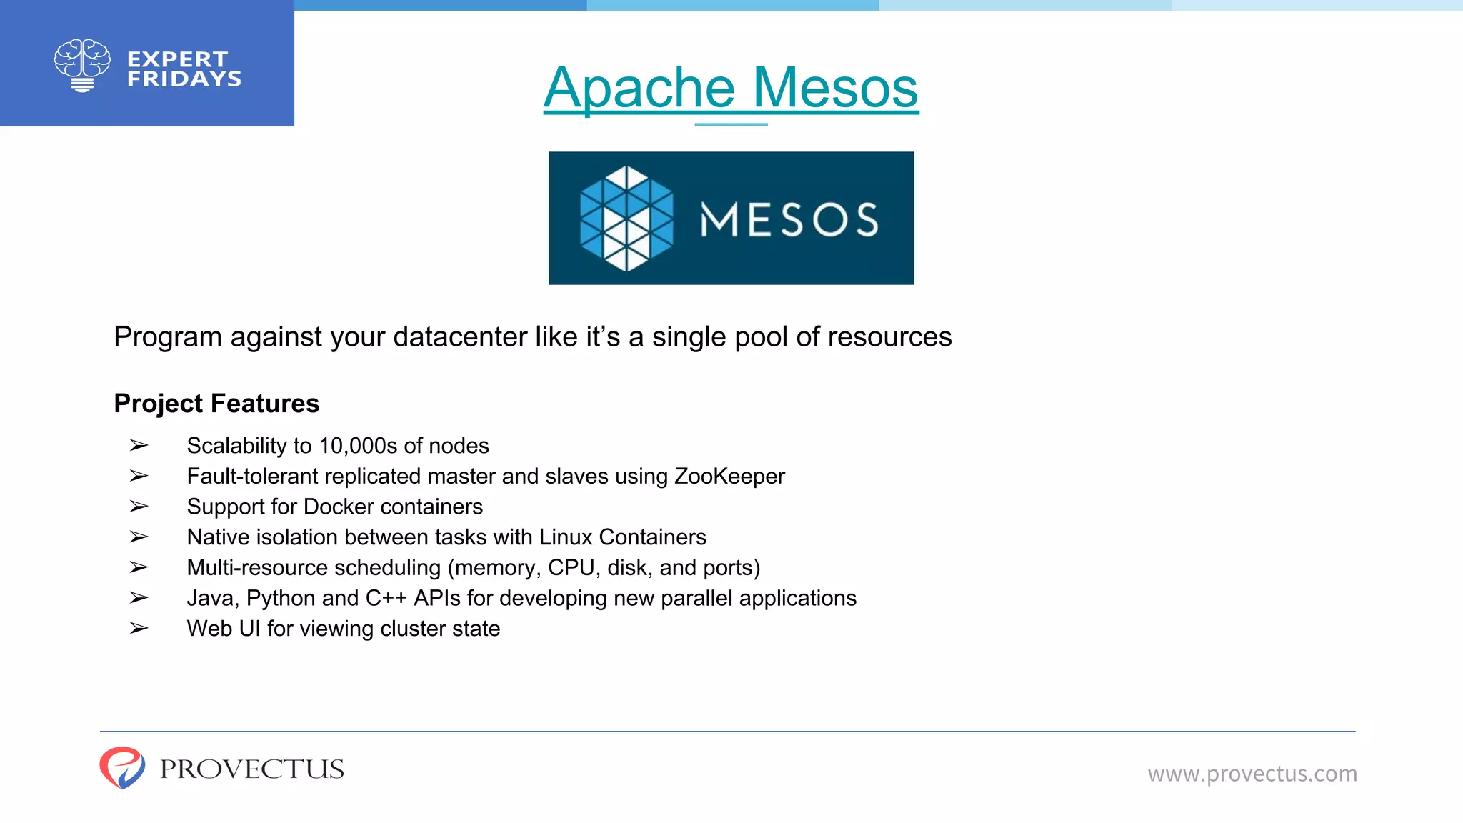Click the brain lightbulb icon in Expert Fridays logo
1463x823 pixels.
(x=82, y=65)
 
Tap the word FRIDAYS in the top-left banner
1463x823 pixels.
(x=184, y=79)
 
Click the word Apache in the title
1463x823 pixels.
(x=639, y=88)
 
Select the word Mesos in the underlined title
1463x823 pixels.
(x=835, y=88)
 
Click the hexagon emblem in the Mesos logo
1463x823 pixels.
(x=626, y=219)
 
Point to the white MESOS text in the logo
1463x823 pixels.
(x=789, y=219)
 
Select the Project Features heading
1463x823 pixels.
(x=216, y=404)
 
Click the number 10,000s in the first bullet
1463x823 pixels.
(x=358, y=446)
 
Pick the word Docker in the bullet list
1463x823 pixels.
(x=338, y=507)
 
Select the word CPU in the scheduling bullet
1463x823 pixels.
(x=571, y=568)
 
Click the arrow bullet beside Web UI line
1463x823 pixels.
(x=139, y=629)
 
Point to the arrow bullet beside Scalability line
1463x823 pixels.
(x=139, y=446)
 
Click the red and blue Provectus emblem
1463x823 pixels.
(x=122, y=768)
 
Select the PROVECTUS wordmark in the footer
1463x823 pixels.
(x=251, y=769)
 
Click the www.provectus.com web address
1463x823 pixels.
(x=1252, y=774)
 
